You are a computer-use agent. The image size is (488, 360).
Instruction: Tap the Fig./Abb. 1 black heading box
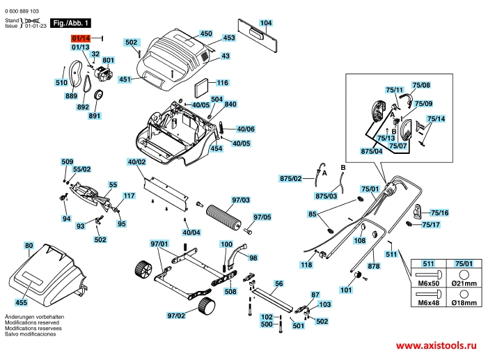(x=70, y=24)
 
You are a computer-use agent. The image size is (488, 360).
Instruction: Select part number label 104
(x=265, y=23)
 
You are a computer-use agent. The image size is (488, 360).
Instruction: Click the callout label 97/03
(x=241, y=200)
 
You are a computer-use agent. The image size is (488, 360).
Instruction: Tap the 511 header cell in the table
(x=427, y=263)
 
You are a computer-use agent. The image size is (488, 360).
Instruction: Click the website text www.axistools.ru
(x=439, y=345)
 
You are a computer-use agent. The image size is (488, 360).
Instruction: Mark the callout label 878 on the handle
(x=373, y=266)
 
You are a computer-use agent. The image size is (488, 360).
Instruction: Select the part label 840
(x=230, y=104)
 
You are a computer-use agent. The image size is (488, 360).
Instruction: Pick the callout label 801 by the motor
(x=108, y=61)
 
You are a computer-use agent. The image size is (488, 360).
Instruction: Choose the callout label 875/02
(x=291, y=179)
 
